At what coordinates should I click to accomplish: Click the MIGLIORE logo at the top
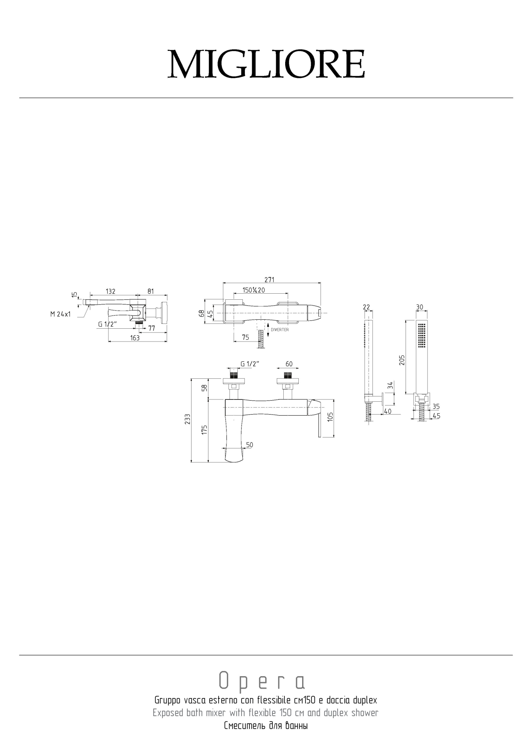click(266, 64)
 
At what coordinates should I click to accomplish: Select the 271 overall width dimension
click(269, 280)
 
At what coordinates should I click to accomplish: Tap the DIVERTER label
click(280, 330)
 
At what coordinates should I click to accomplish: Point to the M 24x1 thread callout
click(61, 314)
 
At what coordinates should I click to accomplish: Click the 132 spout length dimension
click(110, 291)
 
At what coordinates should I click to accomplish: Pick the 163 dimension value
click(135, 338)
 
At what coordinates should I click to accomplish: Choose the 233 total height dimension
click(187, 419)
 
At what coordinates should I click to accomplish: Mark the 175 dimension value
click(204, 430)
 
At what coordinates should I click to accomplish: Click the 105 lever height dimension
click(330, 417)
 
